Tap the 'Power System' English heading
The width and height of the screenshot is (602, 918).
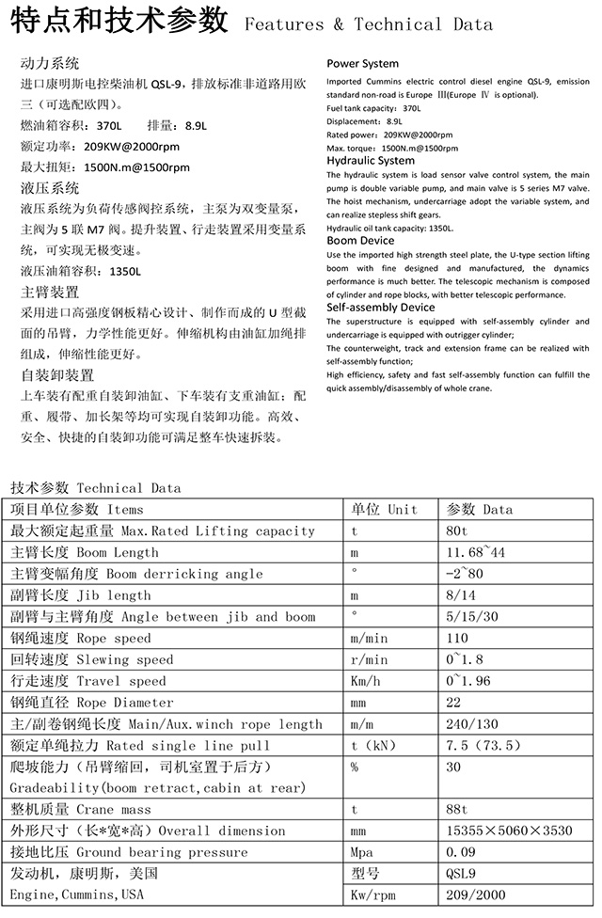point(362,64)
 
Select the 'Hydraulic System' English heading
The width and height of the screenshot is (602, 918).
point(371,161)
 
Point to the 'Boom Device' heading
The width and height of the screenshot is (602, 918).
point(360,241)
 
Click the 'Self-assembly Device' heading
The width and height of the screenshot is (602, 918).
point(380,307)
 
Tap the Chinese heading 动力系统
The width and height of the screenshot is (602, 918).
point(50,64)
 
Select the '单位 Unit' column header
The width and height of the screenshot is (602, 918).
point(384,509)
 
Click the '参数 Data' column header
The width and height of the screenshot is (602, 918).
point(480,509)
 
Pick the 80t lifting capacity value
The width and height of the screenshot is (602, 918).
point(458,530)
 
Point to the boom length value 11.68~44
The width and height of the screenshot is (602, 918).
point(475,552)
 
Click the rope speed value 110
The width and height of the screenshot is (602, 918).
point(458,639)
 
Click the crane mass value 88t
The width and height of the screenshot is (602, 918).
point(458,810)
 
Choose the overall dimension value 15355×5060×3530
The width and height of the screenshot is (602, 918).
point(509,831)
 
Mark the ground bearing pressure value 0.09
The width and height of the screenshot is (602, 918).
point(461,853)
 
